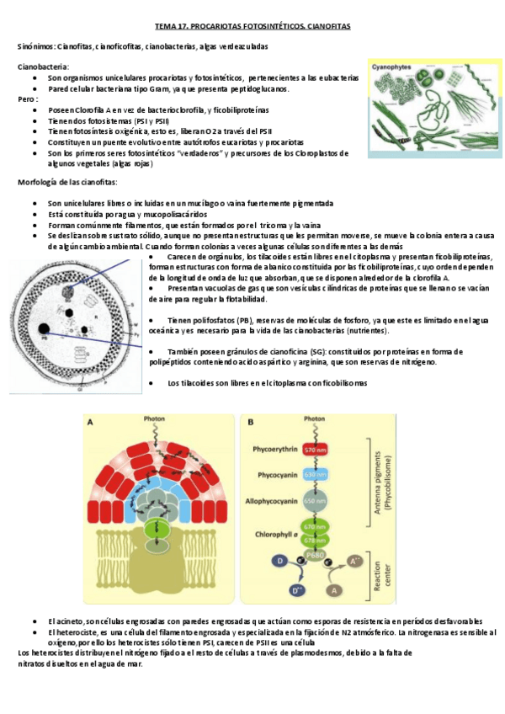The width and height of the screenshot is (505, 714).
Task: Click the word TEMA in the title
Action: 164,26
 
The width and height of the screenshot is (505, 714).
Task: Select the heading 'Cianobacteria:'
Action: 44,66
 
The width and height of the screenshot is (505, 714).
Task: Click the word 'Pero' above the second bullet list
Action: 26,99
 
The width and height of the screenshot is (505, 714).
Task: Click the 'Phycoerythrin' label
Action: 274,450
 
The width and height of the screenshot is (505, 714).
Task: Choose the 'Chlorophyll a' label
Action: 273,532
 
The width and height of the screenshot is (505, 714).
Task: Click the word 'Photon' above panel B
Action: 315,418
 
